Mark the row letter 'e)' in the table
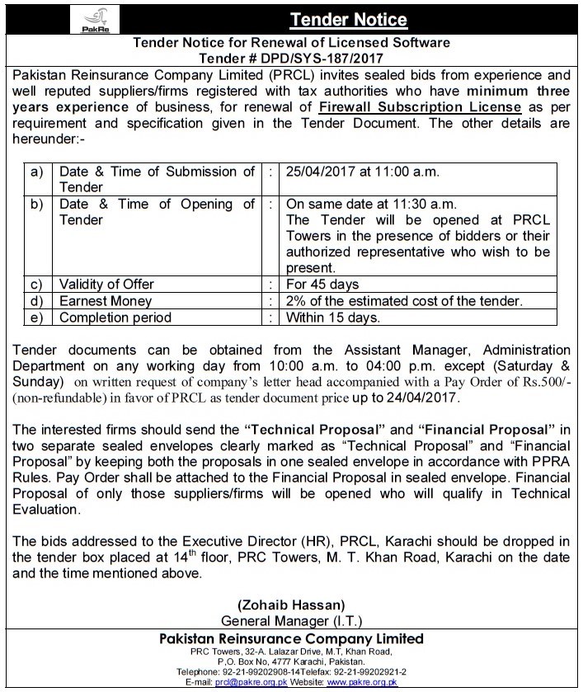click(x=36, y=317)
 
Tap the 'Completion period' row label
click(x=115, y=317)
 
